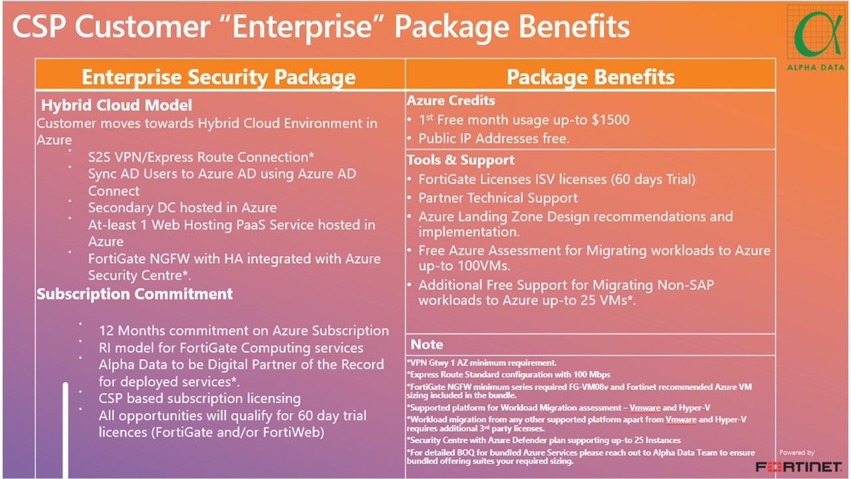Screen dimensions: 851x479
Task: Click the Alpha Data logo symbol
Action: coord(816,33)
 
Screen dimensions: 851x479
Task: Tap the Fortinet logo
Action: coord(799,466)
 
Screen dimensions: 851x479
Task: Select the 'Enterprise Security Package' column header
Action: coord(219,77)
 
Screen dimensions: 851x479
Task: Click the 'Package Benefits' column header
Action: coord(590,77)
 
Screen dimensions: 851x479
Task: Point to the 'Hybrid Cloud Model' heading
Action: coord(116,105)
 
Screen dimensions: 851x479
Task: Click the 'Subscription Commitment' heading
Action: coord(134,294)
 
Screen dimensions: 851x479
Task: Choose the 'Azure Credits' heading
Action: coord(451,100)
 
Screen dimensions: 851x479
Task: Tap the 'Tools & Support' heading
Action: coord(461,160)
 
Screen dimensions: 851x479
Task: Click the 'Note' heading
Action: coord(427,345)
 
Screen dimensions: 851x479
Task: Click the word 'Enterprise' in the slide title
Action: coord(302,27)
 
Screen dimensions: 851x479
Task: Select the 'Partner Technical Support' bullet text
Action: coord(498,198)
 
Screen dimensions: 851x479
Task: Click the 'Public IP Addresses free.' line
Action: coord(493,138)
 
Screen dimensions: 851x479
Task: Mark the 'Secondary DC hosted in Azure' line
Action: coord(182,208)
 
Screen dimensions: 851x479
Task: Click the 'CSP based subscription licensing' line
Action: coord(199,399)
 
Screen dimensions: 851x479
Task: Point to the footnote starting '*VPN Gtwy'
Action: coord(481,363)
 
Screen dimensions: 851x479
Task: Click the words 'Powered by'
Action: coord(796,452)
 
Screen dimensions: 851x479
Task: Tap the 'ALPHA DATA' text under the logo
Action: coord(816,68)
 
